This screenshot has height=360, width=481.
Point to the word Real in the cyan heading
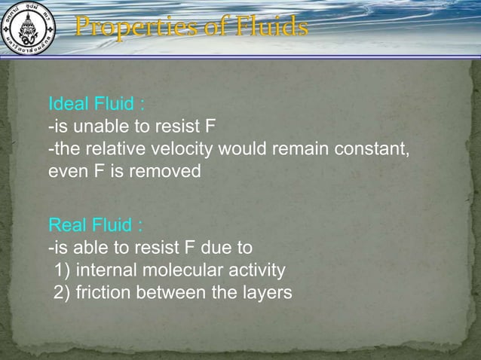[67, 225]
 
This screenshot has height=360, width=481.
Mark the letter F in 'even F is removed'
[98, 171]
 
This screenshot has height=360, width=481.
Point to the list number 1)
[62, 270]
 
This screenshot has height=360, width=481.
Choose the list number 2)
[62, 292]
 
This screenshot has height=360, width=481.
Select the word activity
[256, 270]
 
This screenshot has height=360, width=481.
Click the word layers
[265, 292]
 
